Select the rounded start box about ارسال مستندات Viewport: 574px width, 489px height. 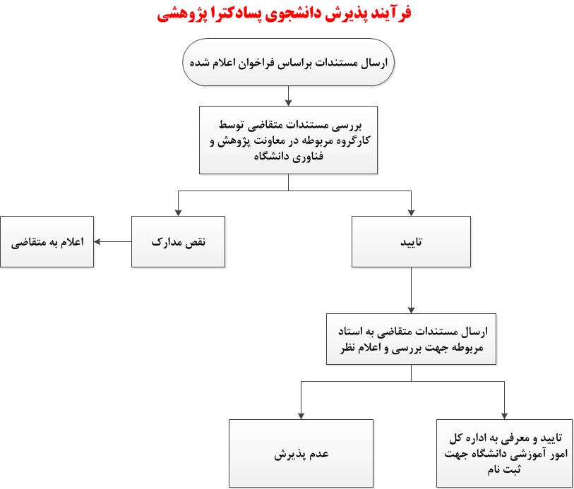[x=289, y=62]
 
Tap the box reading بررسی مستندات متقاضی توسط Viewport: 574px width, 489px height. [x=289, y=140]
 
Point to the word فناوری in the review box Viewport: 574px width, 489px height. [x=309, y=157]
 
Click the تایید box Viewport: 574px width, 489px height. [x=411, y=242]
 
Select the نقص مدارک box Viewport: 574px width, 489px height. [x=179, y=242]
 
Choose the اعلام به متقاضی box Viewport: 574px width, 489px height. [x=47, y=242]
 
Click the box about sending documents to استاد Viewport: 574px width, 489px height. [x=411, y=339]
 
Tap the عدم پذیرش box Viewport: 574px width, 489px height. [x=301, y=454]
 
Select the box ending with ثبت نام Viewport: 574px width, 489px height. [x=505, y=454]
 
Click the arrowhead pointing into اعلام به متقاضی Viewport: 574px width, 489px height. [x=97, y=242]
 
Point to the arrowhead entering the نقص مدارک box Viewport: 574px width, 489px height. [x=179, y=212]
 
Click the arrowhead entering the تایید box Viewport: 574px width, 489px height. [x=411, y=212]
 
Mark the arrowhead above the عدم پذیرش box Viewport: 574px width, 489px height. [x=301, y=416]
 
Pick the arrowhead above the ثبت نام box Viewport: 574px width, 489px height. [x=504, y=416]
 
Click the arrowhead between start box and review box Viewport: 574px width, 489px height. [x=289, y=102]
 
